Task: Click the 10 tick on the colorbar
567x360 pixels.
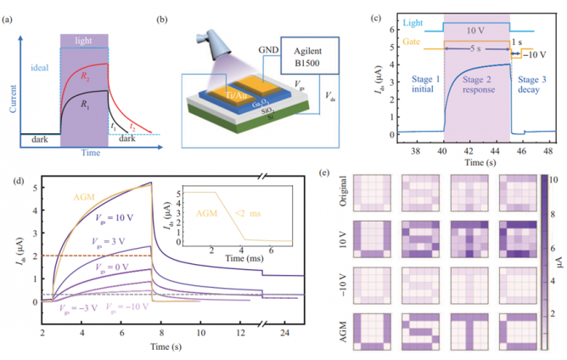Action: (552, 180)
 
